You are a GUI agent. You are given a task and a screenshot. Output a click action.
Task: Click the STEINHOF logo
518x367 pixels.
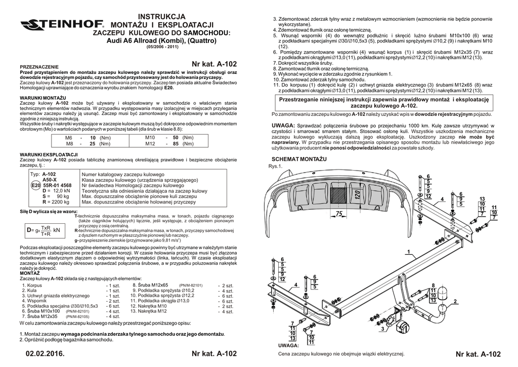pyautogui.click(x=62, y=24)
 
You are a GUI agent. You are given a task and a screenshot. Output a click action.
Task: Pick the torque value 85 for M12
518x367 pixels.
pyautogui.click(x=176, y=144)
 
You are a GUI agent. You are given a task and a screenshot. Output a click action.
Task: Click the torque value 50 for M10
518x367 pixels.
pyautogui.click(x=176, y=138)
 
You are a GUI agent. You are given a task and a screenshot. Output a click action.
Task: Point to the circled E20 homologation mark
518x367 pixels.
pyautogui.click(x=35, y=186)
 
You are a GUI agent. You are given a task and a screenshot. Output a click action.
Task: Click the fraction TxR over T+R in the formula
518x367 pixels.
pyautogui.click(x=46, y=231)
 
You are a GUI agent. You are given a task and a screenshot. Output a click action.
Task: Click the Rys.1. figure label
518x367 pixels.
pyautogui.click(x=276, y=166)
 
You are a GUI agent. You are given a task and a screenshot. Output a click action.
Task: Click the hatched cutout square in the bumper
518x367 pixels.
pyautogui.click(x=338, y=193)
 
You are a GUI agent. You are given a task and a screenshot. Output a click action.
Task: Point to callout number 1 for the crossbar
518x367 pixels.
pyautogui.click(x=407, y=252)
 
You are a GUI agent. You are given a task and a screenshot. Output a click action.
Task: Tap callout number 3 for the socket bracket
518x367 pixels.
pyautogui.click(x=383, y=329)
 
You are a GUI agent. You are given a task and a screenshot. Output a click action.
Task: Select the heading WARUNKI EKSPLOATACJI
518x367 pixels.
pyautogui.click(x=48, y=154)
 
